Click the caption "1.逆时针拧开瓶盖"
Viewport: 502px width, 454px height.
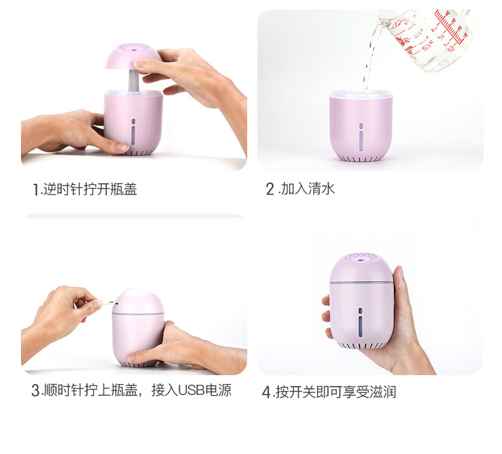tap(85, 189)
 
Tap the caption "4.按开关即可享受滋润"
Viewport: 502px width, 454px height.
tap(329, 392)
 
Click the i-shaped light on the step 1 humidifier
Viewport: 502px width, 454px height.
tap(133, 132)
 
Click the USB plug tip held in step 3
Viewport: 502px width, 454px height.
tap(111, 302)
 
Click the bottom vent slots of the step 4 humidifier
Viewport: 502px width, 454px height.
tap(360, 346)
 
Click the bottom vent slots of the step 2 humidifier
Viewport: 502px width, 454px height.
tap(360, 158)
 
